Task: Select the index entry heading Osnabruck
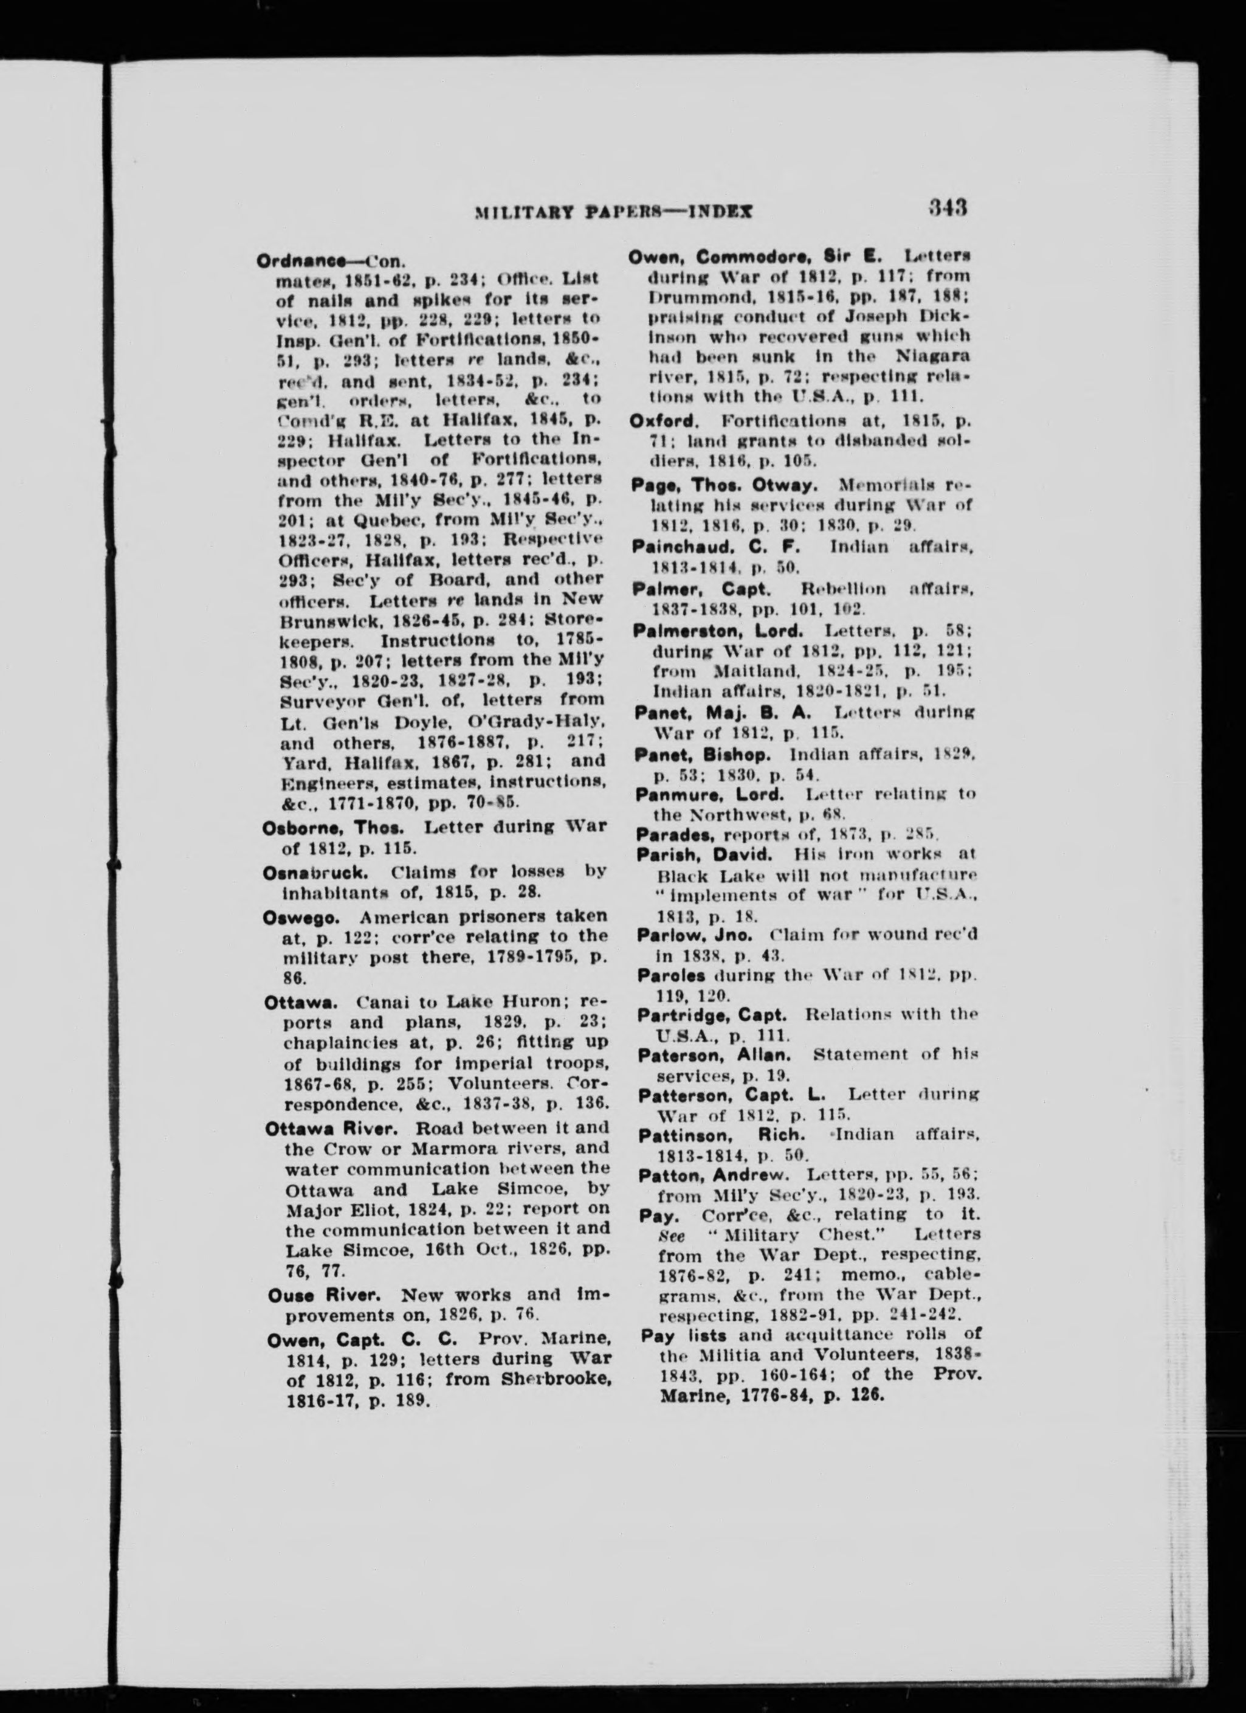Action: coord(305,871)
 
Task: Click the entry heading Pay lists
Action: coord(674,1334)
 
